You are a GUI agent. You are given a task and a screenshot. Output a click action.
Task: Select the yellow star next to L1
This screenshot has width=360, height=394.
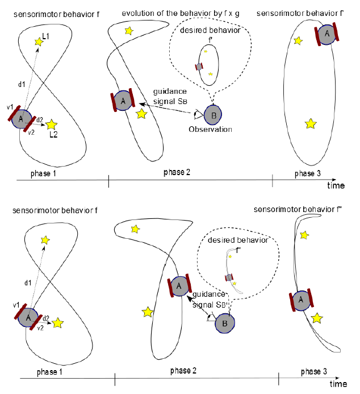click(x=39, y=41)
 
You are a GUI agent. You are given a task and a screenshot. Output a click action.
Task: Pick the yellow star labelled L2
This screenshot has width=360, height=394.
click(x=52, y=123)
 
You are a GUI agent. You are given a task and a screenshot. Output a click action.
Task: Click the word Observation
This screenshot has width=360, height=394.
click(x=211, y=129)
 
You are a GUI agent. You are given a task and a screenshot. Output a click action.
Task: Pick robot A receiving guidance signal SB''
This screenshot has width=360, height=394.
click(x=178, y=285)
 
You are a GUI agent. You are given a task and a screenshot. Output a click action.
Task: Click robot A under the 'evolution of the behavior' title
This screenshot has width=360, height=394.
click(x=123, y=101)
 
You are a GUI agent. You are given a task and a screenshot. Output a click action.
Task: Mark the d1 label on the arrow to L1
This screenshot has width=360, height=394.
click(x=20, y=85)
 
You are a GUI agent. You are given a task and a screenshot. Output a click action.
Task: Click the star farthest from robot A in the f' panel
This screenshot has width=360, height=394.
click(x=310, y=123)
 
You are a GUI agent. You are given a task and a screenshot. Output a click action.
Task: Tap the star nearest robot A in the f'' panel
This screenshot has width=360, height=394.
click(x=317, y=317)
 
